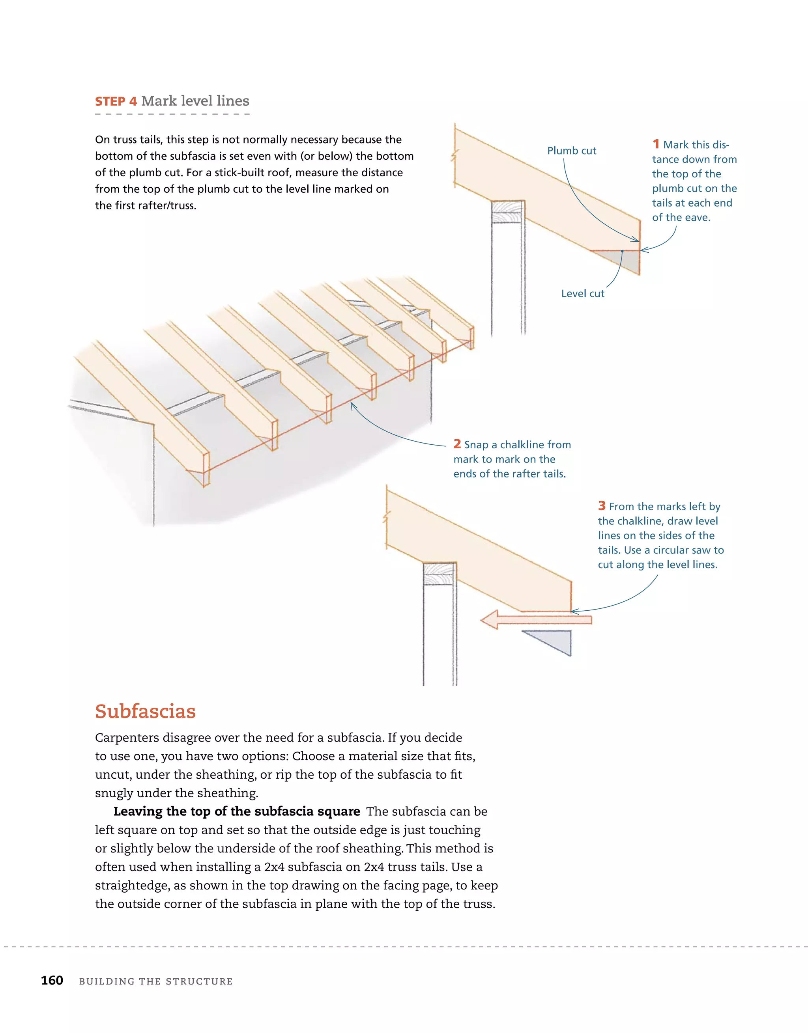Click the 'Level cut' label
[582, 293]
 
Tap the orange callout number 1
[656, 144]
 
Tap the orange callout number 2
[457, 444]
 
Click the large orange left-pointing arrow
[535, 620]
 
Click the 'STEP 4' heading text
[116, 101]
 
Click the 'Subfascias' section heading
[145, 711]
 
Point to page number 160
[52, 980]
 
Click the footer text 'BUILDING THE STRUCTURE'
[156, 981]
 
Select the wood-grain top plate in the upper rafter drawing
[507, 211]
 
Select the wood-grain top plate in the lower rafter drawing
[439, 573]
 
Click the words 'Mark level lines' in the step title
[195, 101]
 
